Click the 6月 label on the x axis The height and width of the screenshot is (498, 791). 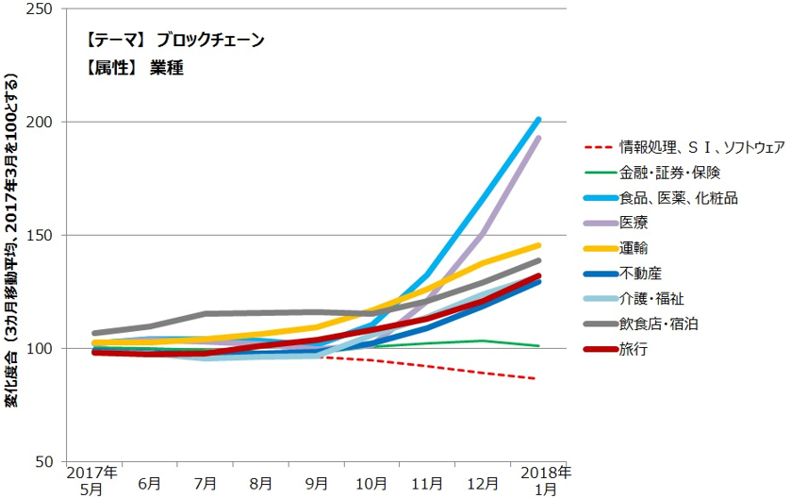pos(148,483)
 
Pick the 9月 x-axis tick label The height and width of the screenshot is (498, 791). pos(316,483)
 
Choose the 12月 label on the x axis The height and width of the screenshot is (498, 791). pos(483,483)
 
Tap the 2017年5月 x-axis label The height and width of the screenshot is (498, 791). pos(92,478)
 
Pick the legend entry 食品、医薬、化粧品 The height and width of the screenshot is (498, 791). pos(678,198)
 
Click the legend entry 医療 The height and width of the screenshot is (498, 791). pos(634,224)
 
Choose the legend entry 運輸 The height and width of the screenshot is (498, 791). pos(634,249)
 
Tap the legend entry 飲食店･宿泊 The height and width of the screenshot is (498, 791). pos(659,324)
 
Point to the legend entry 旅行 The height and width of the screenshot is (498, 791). pos(634,350)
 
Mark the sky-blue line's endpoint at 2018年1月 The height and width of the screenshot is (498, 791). pos(538,119)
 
